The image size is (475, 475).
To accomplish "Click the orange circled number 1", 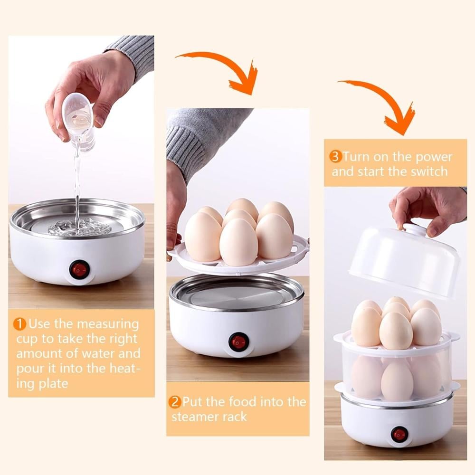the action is click(x=20, y=324).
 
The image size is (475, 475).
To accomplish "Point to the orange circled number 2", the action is click(x=175, y=402).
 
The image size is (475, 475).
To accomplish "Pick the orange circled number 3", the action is click(x=335, y=157).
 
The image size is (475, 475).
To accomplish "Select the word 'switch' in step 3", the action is click(x=429, y=171).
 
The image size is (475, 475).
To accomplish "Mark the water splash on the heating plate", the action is click(x=76, y=227).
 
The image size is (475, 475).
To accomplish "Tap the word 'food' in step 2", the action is click(x=244, y=402).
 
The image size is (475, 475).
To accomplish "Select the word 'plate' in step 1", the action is click(x=53, y=384).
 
